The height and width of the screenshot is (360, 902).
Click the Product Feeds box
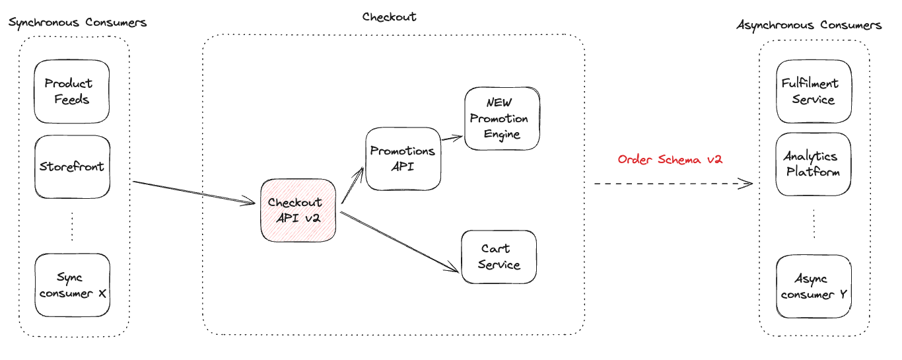click(72, 91)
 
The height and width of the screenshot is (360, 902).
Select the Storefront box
click(73, 166)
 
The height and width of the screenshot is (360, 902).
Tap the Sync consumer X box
click(73, 285)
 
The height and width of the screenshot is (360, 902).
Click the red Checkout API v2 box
click(298, 210)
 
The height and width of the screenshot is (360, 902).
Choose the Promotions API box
click(403, 159)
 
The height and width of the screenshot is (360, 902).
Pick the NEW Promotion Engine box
click(502, 118)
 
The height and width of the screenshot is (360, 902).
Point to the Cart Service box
click(499, 257)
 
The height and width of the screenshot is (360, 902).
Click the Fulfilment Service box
click(814, 91)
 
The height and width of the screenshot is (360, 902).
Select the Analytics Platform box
click(814, 164)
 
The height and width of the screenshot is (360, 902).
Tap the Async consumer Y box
click(814, 286)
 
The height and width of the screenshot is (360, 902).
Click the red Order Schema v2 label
click(670, 159)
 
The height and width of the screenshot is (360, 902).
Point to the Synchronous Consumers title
click(77, 22)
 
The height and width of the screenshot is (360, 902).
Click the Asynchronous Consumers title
click(809, 25)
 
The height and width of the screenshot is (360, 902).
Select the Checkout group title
click(389, 17)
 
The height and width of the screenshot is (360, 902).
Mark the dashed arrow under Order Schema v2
click(674, 184)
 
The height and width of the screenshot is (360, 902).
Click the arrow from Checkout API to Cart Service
click(399, 242)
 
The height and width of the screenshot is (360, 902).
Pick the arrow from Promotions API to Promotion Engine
click(452, 138)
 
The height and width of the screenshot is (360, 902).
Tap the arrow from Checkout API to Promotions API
click(353, 186)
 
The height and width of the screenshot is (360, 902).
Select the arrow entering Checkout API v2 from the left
click(194, 193)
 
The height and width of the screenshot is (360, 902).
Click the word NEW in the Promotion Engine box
click(499, 102)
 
